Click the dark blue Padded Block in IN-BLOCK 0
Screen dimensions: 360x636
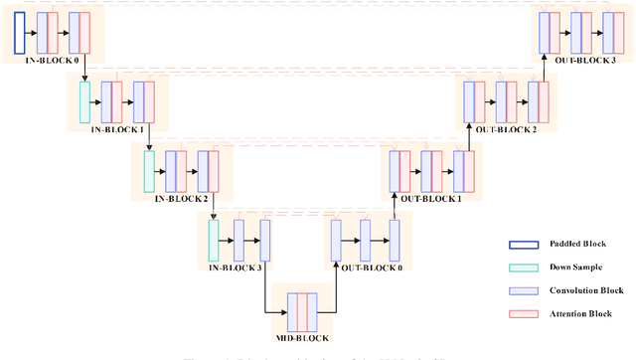tap(20, 33)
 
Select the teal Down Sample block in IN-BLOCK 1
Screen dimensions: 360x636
tap(84, 100)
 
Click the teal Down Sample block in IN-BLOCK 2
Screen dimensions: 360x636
tap(149, 169)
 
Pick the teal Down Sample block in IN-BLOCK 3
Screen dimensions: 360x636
tap(213, 238)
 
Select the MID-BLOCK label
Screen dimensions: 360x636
tap(303, 339)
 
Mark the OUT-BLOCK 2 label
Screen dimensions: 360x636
tap(506, 129)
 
